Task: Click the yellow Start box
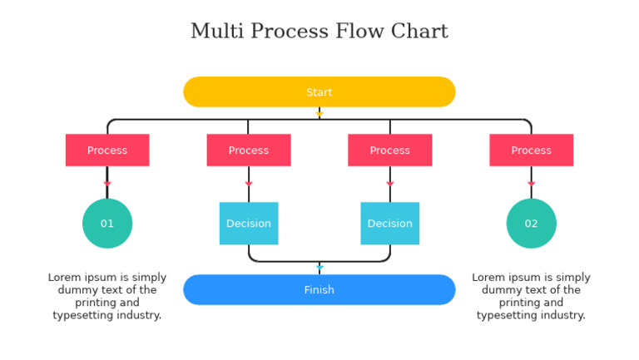pyautogui.click(x=319, y=92)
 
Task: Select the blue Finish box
pyautogui.click(x=319, y=289)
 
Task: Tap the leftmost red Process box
pyautogui.click(x=107, y=150)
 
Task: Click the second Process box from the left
pyautogui.click(x=248, y=150)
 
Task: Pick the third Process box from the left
pyautogui.click(x=389, y=150)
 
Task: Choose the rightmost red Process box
pyautogui.click(x=531, y=150)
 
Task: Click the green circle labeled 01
pyautogui.click(x=107, y=223)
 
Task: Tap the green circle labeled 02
pyautogui.click(x=531, y=223)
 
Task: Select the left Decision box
pyautogui.click(x=248, y=223)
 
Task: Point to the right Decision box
pyautogui.click(x=389, y=223)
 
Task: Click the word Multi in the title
pyautogui.click(x=217, y=32)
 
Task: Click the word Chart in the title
pyautogui.click(x=419, y=32)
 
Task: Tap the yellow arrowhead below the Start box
pyautogui.click(x=319, y=114)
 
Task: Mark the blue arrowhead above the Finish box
pyautogui.click(x=319, y=268)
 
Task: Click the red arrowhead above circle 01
pyautogui.click(x=107, y=184)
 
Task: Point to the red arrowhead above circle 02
pyautogui.click(x=531, y=184)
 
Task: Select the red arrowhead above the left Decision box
pyautogui.click(x=248, y=184)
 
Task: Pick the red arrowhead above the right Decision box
pyautogui.click(x=389, y=184)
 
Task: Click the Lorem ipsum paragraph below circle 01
pyautogui.click(x=107, y=296)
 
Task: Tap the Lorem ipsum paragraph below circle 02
pyautogui.click(x=531, y=296)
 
